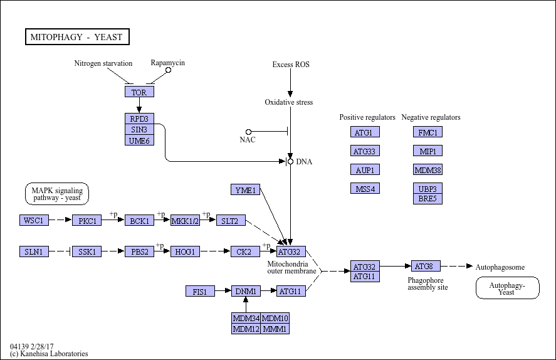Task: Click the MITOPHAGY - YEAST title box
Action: pyautogui.click(x=76, y=37)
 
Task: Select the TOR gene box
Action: pyautogui.click(x=139, y=92)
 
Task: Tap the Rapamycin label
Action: pyautogui.click(x=168, y=63)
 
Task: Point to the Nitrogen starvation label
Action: pyautogui.click(x=103, y=63)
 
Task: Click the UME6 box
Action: pyautogui.click(x=139, y=140)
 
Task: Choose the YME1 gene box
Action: pyautogui.click(x=245, y=189)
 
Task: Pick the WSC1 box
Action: pyautogui.click(x=34, y=220)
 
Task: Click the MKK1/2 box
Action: pyautogui.click(x=185, y=220)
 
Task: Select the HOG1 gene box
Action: pyautogui.click(x=185, y=251)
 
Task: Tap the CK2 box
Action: pyautogui.click(x=244, y=251)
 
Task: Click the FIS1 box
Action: pyautogui.click(x=200, y=291)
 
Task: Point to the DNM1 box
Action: pyautogui.click(x=246, y=291)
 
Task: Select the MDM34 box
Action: pyautogui.click(x=246, y=318)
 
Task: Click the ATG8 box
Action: pyautogui.click(x=426, y=266)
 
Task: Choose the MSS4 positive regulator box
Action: pyautogui.click(x=365, y=188)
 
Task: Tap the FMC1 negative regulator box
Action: pyautogui.click(x=428, y=132)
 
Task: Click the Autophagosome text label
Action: pyautogui.click(x=500, y=267)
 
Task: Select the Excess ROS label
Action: pyautogui.click(x=290, y=65)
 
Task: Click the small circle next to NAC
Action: pyautogui.click(x=248, y=132)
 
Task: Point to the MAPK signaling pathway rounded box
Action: pyautogui.click(x=57, y=194)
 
